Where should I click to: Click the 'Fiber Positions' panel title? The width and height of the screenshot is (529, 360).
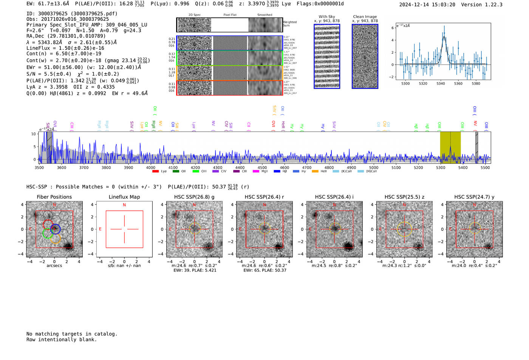click(54, 197)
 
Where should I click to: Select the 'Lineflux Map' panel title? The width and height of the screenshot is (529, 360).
click(124, 197)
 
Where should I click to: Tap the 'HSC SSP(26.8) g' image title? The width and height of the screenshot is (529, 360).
click(194, 197)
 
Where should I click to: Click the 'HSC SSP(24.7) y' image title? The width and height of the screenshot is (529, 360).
click(474, 197)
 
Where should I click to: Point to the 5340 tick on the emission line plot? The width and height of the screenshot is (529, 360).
click(441, 83)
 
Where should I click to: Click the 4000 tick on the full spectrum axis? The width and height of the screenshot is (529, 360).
click(151, 168)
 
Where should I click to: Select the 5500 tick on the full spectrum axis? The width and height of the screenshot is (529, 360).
click(485, 168)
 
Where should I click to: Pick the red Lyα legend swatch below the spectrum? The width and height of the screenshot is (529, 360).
click(155, 172)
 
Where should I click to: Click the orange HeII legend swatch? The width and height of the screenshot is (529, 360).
click(315, 172)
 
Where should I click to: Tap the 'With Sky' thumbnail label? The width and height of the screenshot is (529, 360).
click(327, 17)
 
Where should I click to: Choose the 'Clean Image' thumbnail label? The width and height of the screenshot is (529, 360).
click(365, 17)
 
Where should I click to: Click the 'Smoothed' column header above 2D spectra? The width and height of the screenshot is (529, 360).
click(264, 15)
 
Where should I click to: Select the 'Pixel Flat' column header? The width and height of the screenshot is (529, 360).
click(230, 15)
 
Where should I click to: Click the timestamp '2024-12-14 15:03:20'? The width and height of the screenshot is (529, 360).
click(427, 5)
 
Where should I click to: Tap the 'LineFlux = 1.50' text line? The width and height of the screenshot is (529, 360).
click(65, 48)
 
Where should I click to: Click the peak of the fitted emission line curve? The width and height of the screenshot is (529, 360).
click(444, 37)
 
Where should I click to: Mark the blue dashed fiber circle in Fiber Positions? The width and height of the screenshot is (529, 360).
click(55, 229)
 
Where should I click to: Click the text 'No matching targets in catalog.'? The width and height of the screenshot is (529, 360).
click(72, 334)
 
